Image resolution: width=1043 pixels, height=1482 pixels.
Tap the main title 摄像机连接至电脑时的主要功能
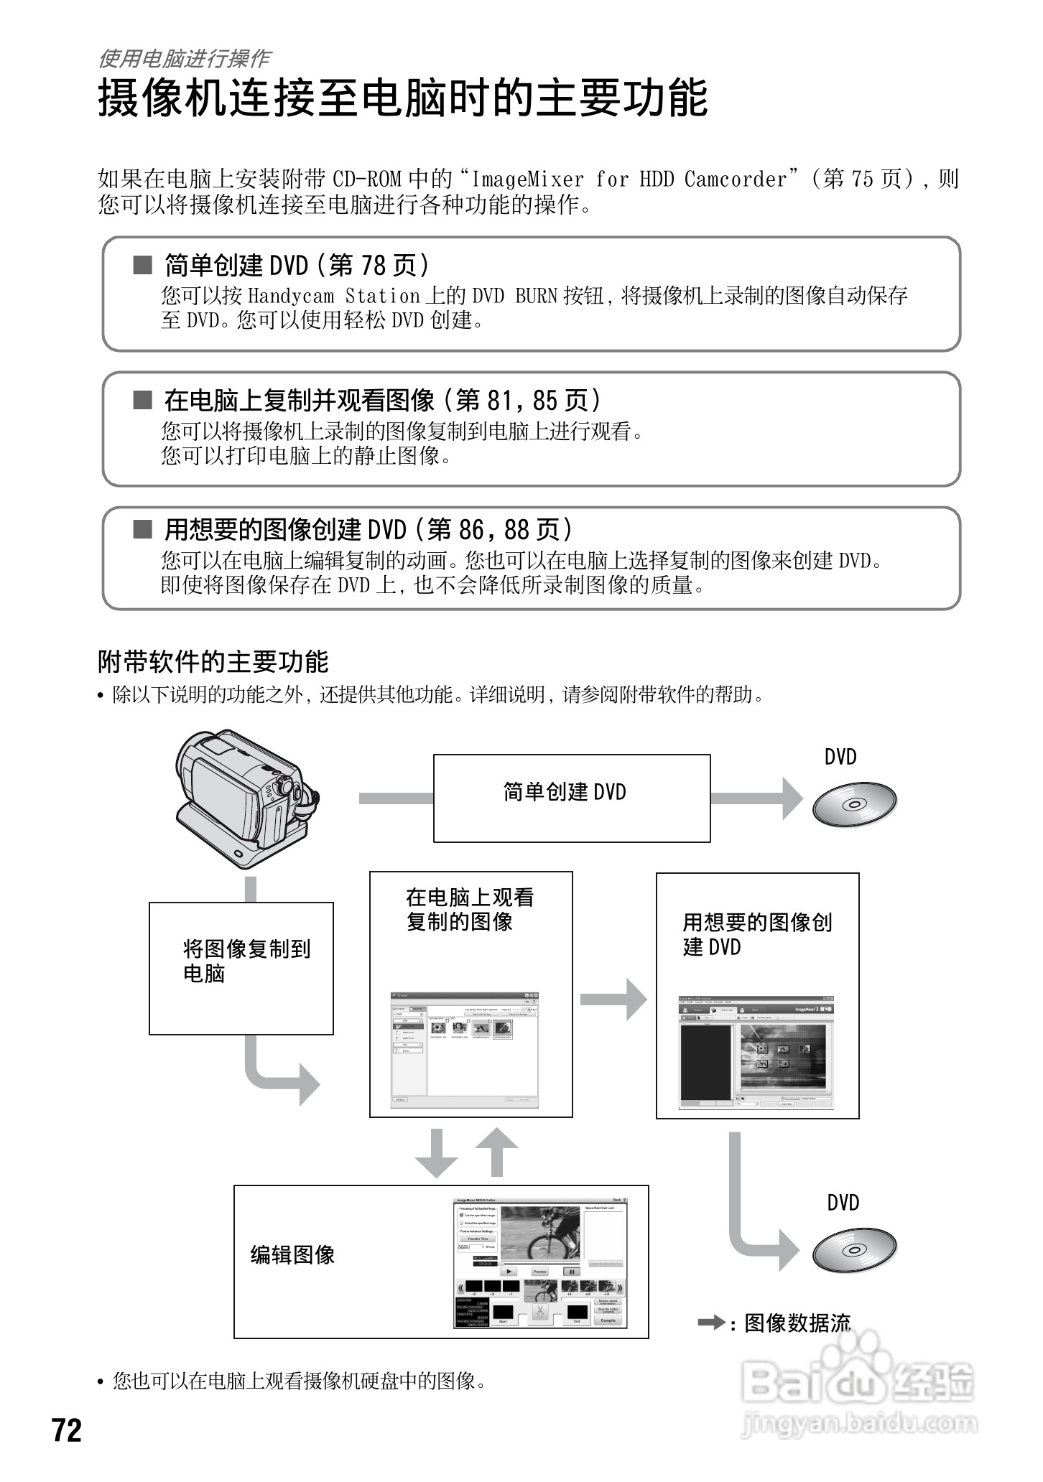click(403, 98)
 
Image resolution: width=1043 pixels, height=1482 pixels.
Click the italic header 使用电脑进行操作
click(184, 58)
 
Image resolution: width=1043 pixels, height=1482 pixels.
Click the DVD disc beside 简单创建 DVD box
click(854, 803)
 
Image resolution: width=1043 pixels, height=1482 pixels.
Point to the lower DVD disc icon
click(854, 1249)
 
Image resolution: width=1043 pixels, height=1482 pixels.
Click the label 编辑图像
click(292, 1254)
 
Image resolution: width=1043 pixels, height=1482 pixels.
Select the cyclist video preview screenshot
click(540, 1233)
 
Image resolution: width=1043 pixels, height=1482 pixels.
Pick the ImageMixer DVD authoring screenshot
click(757, 1053)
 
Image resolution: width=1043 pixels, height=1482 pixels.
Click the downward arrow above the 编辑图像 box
click(437, 1152)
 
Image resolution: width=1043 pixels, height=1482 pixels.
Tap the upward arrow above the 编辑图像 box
click(495, 1152)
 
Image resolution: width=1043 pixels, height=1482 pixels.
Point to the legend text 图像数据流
click(797, 1323)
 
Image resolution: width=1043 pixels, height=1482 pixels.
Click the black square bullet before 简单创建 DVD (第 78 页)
click(143, 266)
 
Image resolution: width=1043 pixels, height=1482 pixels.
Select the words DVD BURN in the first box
click(514, 296)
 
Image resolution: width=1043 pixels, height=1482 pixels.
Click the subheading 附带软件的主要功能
click(213, 661)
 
